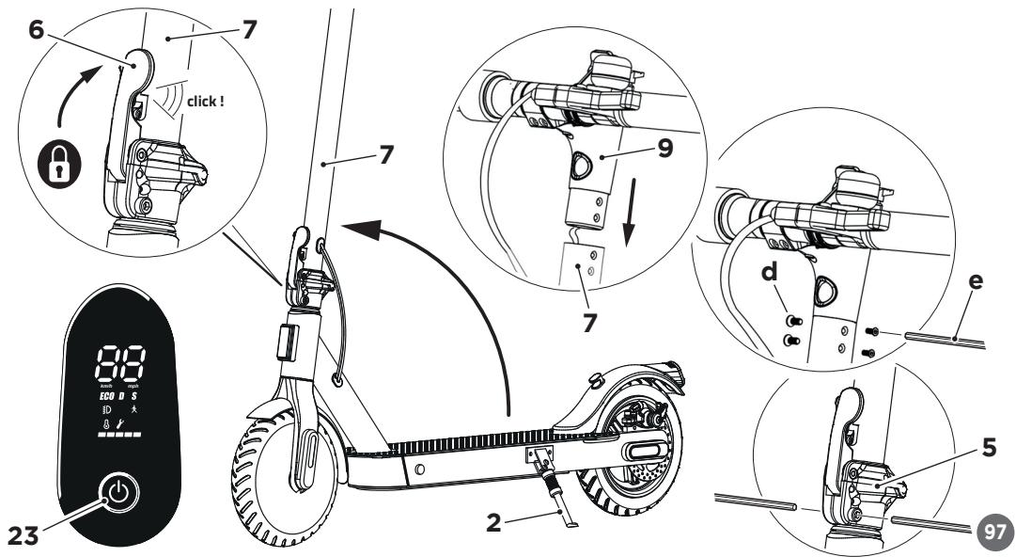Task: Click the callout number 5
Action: (988, 450)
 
